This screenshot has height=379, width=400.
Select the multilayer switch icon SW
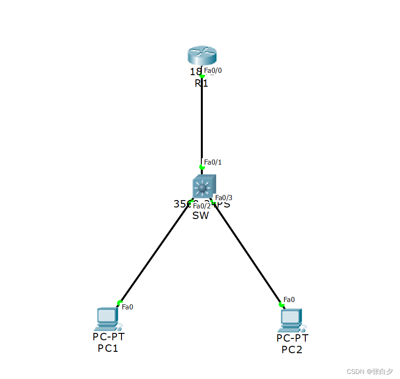point(204,187)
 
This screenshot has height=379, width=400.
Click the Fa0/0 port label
point(213,71)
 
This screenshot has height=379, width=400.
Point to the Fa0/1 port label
point(213,162)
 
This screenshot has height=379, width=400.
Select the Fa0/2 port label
point(202,206)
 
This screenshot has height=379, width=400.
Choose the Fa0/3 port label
point(224,198)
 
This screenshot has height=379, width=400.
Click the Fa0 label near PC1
point(127,307)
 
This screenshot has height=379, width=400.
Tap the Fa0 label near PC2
point(289,300)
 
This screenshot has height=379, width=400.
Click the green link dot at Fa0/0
point(202,76)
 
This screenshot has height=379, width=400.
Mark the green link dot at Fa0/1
point(202,167)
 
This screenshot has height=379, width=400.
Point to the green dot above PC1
point(120,303)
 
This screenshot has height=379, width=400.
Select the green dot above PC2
point(281,304)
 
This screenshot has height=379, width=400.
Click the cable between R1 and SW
point(202,120)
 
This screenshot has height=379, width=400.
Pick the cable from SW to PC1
point(155,253)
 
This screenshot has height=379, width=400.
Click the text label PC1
point(108,348)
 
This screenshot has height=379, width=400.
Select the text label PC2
point(292,349)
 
